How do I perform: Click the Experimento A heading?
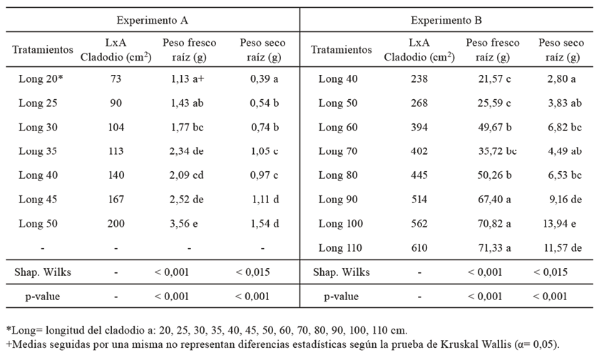(152, 20)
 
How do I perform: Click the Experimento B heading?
(446, 20)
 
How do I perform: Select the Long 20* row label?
(41, 79)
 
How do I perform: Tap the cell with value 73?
(116, 79)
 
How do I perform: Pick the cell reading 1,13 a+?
(188, 79)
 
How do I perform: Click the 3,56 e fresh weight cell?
(184, 224)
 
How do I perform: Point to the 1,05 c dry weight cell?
(265, 151)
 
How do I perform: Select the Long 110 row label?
(340, 248)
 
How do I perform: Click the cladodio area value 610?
(419, 248)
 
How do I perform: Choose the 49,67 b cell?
(495, 127)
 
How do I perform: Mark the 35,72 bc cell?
(498, 151)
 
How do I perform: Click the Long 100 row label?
(341, 224)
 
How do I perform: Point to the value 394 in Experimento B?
(419, 127)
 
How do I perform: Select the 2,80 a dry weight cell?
(562, 79)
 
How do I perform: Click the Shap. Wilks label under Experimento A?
(43, 272)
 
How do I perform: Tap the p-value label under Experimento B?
(341, 297)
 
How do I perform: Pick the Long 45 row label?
(39, 200)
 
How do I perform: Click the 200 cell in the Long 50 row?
(116, 224)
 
